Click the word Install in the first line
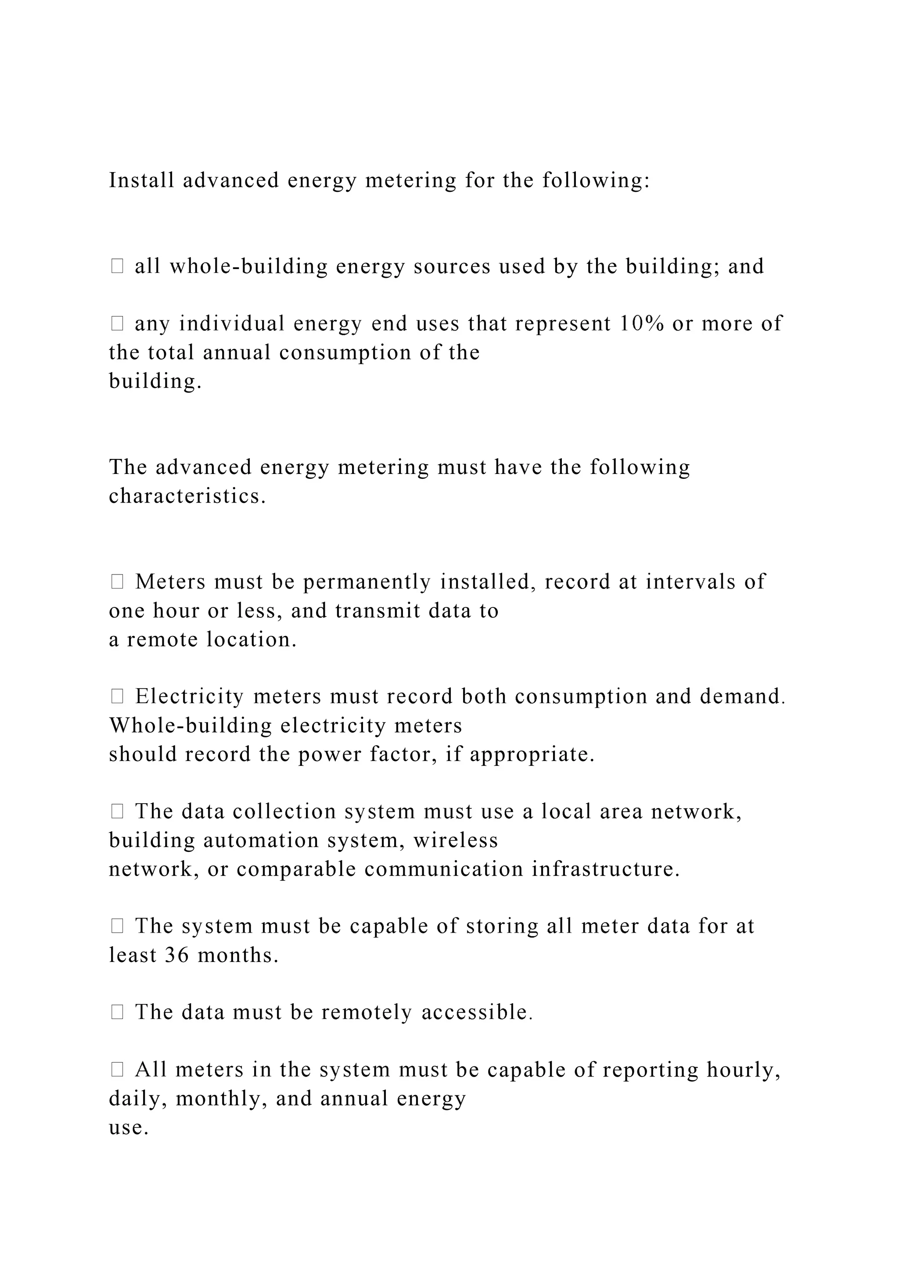(141, 180)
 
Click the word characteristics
(187, 496)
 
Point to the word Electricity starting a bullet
(189, 697)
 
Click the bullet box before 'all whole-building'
(117, 266)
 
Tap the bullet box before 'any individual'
(117, 323)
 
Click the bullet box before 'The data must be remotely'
(117, 1012)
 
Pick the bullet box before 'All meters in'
(117, 1070)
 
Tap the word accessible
(477, 1012)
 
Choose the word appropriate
(532, 754)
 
